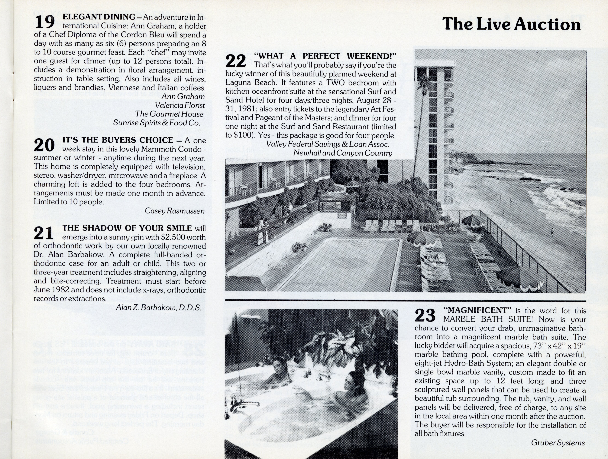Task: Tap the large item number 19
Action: pyautogui.click(x=45, y=22)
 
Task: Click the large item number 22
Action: pyautogui.click(x=236, y=61)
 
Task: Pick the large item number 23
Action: pyautogui.click(x=425, y=315)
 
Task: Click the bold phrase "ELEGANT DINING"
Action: pyautogui.click(x=99, y=17)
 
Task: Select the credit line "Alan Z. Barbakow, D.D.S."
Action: pyautogui.click(x=159, y=308)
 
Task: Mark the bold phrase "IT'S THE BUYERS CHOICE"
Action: pyautogui.click(x=118, y=140)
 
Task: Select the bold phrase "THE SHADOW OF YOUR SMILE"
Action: pyautogui.click(x=127, y=228)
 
